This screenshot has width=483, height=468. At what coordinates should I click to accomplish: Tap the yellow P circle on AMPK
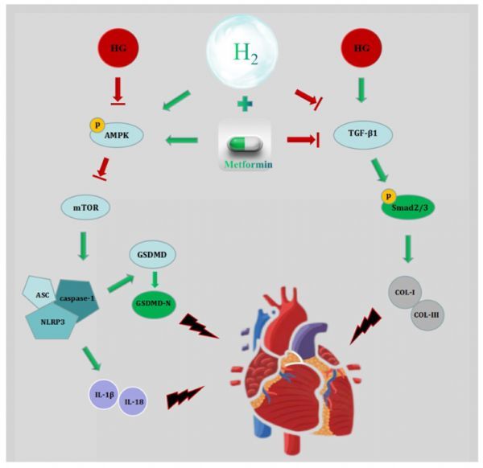pyautogui.click(x=95, y=126)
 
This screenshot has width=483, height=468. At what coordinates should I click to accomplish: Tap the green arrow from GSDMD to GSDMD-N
pyautogui.click(x=154, y=280)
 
